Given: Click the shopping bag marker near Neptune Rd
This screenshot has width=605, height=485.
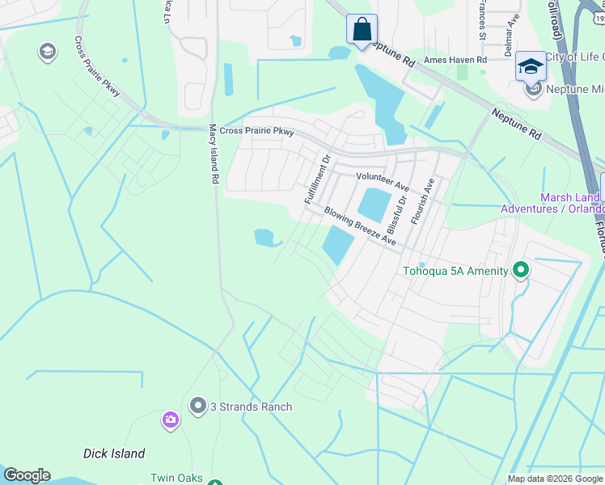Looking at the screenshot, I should (362, 30).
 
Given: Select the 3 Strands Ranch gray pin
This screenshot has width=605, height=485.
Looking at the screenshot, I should (198, 406).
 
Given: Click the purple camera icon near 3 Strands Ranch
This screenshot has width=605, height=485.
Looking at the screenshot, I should (170, 419).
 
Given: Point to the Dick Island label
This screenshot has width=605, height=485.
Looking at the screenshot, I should (114, 453).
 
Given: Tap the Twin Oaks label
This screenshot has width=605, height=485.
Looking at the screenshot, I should (176, 478).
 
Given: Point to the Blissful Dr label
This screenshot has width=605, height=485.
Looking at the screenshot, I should (396, 209).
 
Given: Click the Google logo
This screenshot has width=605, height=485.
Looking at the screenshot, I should (27, 475).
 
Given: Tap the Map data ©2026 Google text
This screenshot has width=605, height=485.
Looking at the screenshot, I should (554, 479).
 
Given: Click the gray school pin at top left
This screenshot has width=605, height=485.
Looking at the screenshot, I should (47, 53).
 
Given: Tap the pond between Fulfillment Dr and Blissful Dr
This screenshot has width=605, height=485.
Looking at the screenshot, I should (373, 204).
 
